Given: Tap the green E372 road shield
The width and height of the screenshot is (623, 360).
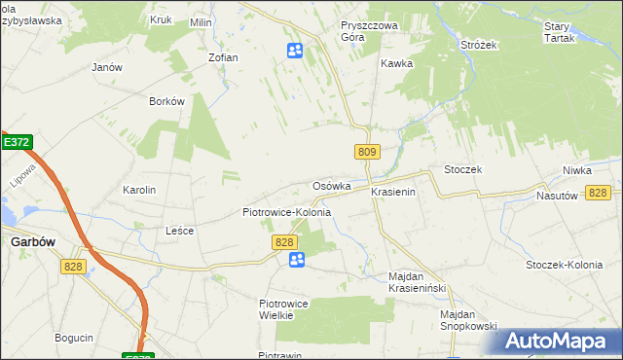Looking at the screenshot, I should click(16, 142).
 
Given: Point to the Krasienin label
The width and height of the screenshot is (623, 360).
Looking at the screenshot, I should click(393, 193).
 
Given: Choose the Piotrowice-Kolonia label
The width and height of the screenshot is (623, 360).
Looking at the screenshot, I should click(286, 212).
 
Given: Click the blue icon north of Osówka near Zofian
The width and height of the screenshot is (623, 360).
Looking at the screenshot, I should click(295, 50).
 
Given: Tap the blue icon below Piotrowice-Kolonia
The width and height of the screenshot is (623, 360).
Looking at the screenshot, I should click(297, 259).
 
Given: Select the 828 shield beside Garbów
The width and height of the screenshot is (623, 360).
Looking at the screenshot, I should click(72, 266).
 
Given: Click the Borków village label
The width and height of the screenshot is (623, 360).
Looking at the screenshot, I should click(166, 101).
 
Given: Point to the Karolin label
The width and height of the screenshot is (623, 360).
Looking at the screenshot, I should click(139, 190).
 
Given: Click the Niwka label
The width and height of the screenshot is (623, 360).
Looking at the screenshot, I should click(576, 170).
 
